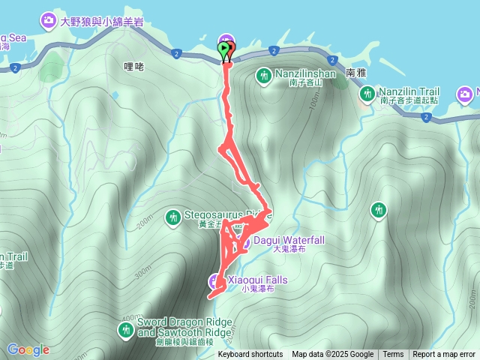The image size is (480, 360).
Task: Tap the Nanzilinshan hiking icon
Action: pos(264,75)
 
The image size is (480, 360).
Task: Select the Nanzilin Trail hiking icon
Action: pos(367,94)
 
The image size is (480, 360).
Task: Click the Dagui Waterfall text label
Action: pos(289,240)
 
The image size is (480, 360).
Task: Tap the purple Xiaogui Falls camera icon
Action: pos(214,281)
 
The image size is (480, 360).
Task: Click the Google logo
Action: pos(28,349)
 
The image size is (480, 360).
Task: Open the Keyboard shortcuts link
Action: pos(250,355)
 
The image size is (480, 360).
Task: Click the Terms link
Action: pos(393,355)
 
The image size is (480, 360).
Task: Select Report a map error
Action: pos(444,355)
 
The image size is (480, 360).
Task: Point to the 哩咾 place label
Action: pos(132,66)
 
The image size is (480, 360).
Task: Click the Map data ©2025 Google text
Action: pos(333,355)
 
